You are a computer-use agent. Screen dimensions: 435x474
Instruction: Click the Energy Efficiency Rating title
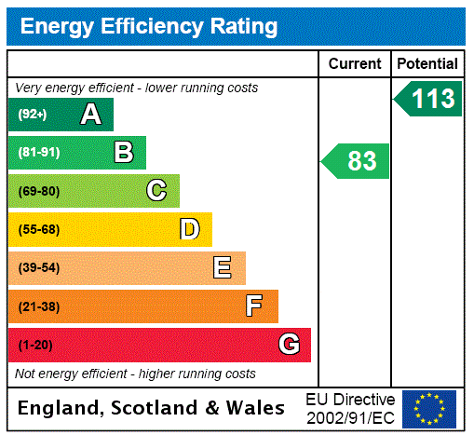149,26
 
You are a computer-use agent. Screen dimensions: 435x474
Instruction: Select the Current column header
355,64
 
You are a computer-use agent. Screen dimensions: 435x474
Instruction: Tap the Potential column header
427,64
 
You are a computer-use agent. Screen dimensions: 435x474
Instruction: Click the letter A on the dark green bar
90,115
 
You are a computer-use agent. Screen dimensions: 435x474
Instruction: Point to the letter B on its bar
123,153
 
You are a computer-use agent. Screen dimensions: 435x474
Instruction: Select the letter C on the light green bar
156,191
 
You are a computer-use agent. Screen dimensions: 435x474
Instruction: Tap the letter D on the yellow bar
189,229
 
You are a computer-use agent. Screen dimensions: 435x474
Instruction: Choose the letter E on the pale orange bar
223,268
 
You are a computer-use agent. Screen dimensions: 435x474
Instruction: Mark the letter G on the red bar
289,345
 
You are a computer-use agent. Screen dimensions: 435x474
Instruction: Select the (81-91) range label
38,153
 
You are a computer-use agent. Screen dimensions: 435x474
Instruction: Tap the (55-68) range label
38,229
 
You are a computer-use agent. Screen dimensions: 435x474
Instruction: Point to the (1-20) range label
35,345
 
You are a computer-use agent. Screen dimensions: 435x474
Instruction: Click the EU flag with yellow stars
429,408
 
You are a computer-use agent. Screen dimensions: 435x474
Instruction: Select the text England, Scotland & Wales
152,408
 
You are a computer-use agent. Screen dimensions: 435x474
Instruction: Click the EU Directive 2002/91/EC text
350,408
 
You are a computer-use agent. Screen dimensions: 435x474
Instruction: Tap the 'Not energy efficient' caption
135,374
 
